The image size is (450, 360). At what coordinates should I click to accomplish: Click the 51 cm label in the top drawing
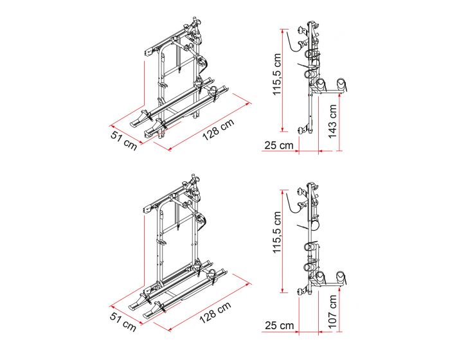[123, 140]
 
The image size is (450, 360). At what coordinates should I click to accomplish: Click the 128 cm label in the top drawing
[218, 129]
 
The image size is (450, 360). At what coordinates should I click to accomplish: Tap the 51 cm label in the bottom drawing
[123, 321]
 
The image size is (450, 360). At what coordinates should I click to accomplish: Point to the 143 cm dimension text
[332, 121]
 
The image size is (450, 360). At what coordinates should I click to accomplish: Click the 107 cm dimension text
[332, 312]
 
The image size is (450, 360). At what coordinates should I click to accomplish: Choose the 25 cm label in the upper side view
[279, 145]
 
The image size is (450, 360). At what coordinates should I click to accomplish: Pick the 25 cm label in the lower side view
[279, 325]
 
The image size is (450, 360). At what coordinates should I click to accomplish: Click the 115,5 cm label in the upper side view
[277, 75]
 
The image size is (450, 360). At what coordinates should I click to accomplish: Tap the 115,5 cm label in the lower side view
[277, 232]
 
